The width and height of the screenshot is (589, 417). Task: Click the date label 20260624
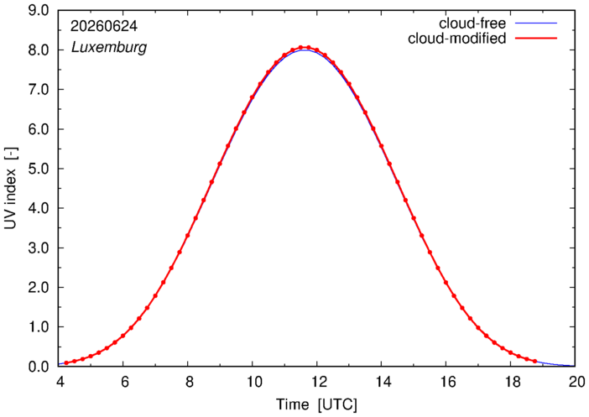click(104, 26)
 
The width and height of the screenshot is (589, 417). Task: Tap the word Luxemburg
click(109, 48)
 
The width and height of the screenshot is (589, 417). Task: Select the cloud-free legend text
click(472, 23)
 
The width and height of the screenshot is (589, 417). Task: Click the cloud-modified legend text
click(456, 39)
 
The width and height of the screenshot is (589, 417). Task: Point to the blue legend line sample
click(536, 23)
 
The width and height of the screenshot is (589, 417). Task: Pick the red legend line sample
click(536, 39)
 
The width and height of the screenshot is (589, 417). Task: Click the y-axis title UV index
click(11, 188)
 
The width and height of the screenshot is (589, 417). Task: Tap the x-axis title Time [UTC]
click(316, 404)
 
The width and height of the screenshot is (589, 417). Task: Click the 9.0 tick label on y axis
click(39, 10)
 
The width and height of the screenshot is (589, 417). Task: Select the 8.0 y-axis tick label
click(39, 50)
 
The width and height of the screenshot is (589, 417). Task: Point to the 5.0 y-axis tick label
click(39, 169)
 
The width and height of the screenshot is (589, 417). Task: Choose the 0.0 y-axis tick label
click(39, 367)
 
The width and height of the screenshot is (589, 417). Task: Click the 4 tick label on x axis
click(59, 382)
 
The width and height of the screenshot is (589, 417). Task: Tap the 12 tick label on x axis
click(316, 382)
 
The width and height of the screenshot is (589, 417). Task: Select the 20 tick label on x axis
click(575, 382)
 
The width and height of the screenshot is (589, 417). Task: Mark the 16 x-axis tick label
click(446, 382)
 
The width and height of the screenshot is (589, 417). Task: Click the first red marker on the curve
click(66, 363)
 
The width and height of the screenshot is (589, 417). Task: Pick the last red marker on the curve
click(534, 362)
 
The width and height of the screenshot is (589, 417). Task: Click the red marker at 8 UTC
click(187, 236)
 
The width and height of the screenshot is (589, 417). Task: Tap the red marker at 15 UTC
click(414, 218)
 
